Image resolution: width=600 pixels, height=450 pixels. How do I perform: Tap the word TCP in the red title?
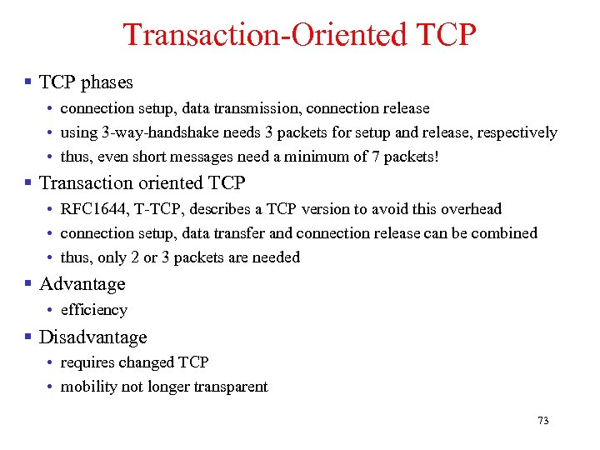pos(445,36)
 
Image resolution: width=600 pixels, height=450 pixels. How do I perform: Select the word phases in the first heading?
pos(106,82)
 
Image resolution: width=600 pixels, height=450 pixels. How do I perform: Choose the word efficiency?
pos(94,310)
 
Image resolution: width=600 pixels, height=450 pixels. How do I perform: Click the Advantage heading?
pos(82,284)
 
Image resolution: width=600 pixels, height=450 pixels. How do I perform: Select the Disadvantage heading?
pos(93,337)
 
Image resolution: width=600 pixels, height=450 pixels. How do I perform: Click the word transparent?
pos(232,387)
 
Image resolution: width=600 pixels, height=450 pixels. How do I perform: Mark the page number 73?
pos(543,421)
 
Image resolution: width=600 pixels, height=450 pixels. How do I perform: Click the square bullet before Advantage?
pos(28,284)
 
